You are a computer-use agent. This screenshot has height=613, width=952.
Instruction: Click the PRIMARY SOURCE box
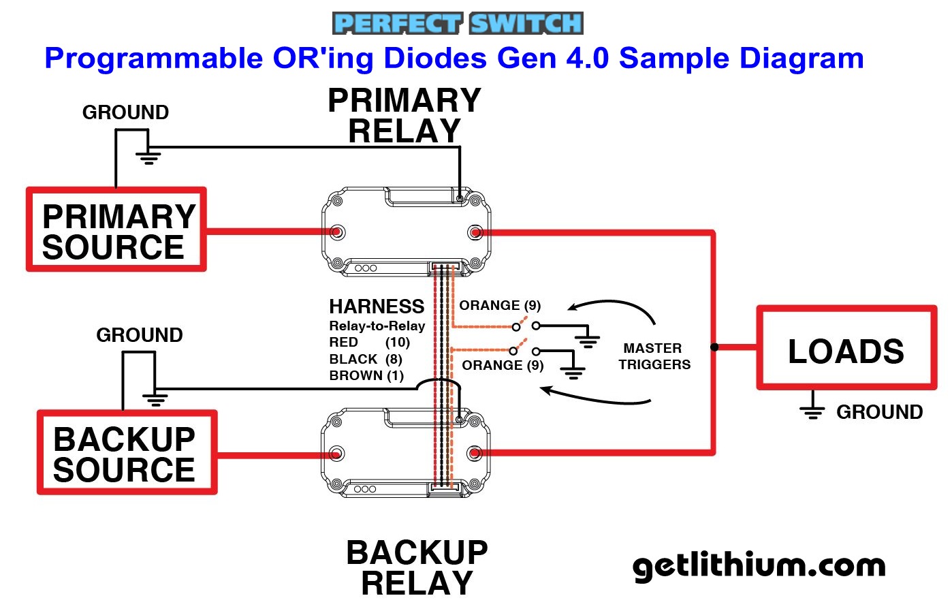[x=116, y=230]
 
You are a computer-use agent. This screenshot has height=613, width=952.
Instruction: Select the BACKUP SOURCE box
[x=127, y=453]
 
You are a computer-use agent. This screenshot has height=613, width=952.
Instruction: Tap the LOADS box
[x=846, y=349]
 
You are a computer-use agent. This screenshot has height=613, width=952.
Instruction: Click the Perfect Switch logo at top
[x=458, y=23]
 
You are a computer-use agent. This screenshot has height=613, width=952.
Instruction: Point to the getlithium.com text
[x=759, y=566]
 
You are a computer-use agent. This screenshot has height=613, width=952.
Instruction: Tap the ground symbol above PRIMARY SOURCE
[x=148, y=157]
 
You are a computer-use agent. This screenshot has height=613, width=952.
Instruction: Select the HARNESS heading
[x=377, y=306]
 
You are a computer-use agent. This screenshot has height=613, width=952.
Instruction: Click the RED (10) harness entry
[x=369, y=342]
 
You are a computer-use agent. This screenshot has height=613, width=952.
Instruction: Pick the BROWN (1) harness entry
[x=366, y=375]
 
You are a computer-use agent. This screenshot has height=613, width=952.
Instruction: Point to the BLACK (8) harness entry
[x=366, y=359]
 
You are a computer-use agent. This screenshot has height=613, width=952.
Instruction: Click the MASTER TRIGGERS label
[x=654, y=356]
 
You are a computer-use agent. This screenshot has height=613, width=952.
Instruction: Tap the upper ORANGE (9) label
[x=500, y=305]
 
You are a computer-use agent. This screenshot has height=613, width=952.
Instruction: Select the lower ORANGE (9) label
[x=503, y=365]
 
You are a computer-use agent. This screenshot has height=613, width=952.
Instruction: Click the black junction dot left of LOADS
[x=714, y=347]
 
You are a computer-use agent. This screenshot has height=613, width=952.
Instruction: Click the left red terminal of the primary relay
[x=336, y=232]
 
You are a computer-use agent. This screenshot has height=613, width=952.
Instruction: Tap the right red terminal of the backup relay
[x=475, y=453]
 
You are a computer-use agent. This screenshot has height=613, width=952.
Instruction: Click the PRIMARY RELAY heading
[x=404, y=115]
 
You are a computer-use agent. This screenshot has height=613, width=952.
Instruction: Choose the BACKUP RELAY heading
[x=417, y=567]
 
